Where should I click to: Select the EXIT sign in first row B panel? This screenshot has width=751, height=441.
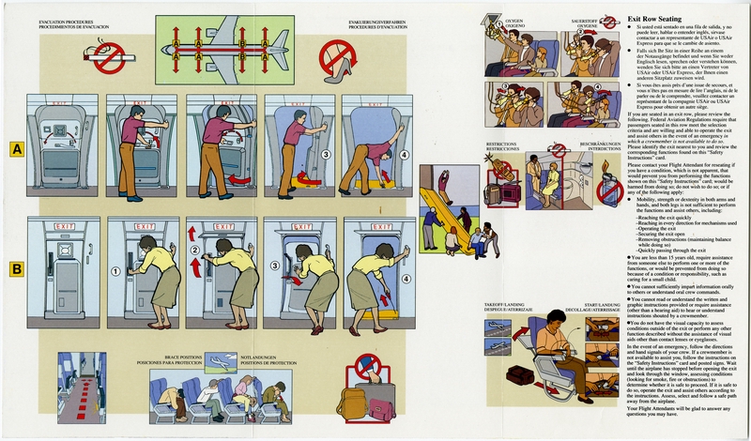tap(60, 227)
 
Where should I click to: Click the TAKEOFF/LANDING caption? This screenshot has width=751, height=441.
tap(504, 305)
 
